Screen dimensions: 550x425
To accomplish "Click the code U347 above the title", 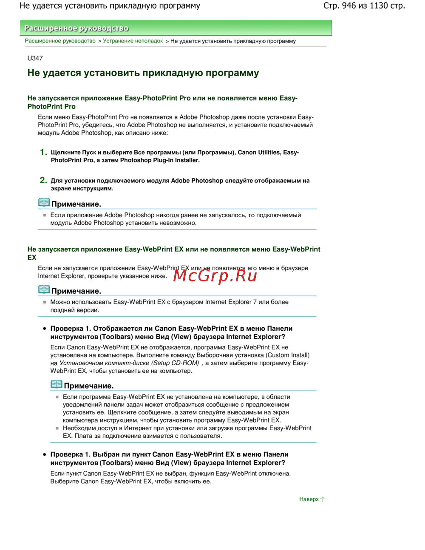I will coord(35,58).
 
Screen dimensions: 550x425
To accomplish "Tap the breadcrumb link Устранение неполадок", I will coord(133,41).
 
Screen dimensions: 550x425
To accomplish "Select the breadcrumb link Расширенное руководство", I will coord(60,41).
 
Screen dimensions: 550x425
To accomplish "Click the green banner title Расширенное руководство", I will coord(76,28).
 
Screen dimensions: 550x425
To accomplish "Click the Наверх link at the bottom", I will coord(309,499).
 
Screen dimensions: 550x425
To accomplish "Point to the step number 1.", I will coord(43,152).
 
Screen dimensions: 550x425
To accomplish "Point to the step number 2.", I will coord(43,180).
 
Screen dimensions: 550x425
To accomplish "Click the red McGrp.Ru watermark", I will coord(215,276).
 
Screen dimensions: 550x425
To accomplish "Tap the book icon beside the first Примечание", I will coord(44,203).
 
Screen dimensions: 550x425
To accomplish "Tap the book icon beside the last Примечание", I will coord(57,385).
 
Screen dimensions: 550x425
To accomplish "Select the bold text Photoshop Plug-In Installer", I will coord(160,160).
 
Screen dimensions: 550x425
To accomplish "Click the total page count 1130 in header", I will coord(379,6).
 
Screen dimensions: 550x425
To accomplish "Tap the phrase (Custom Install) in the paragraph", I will coord(288,355).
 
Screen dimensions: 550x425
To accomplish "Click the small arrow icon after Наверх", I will coord(323,499).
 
